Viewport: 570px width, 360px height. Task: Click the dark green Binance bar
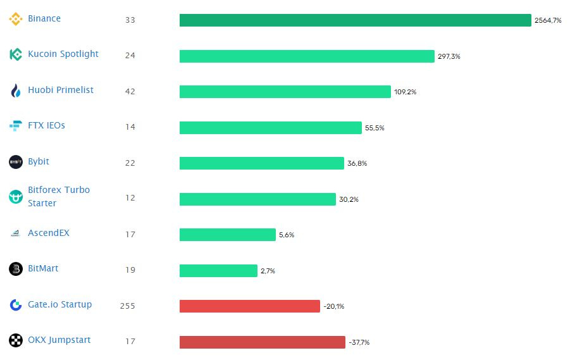355,20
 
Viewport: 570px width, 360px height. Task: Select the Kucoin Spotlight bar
307,56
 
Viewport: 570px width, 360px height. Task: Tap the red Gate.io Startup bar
249,306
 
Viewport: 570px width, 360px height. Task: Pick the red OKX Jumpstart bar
262,342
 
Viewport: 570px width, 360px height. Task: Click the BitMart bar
218,271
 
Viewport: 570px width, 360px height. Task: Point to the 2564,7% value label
547,21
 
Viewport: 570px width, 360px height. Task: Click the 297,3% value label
449,56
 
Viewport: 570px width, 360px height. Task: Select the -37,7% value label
359,342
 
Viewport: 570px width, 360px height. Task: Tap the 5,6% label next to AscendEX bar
286,235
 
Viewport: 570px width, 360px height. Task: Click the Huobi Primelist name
60,90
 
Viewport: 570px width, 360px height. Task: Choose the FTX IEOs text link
46,125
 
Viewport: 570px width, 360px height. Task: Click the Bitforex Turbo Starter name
58,196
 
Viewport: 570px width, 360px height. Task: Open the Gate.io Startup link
59,304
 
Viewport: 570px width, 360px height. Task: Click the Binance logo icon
16,19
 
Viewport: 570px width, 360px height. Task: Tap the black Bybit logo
16,162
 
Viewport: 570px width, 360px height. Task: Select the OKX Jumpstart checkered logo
16,340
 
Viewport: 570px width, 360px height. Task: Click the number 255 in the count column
128,306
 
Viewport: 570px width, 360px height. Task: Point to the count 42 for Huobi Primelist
130,91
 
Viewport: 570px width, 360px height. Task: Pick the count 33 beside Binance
130,20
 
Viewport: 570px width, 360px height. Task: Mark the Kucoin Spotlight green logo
16,54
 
